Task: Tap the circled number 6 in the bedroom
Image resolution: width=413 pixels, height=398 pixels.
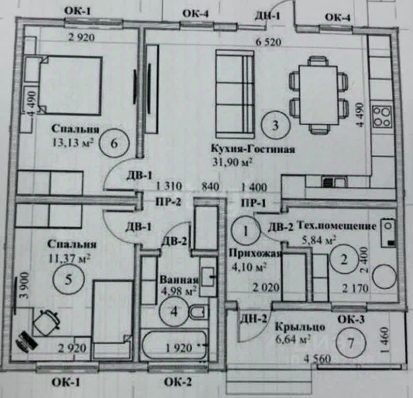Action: click(x=114, y=143)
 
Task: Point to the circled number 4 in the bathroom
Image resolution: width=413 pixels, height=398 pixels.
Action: click(x=173, y=312)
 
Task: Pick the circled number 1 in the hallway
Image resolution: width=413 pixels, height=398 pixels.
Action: click(x=245, y=229)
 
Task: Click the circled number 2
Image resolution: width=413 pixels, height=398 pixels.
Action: click(x=344, y=260)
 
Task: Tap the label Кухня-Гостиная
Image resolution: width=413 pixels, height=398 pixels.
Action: click(x=253, y=150)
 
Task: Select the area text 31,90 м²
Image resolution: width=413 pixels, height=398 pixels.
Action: click(x=232, y=162)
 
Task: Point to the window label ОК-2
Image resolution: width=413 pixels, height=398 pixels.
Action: click(x=178, y=382)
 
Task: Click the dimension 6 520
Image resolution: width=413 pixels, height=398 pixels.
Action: click(x=269, y=43)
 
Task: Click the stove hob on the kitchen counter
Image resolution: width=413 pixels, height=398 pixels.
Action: click(x=383, y=115)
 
